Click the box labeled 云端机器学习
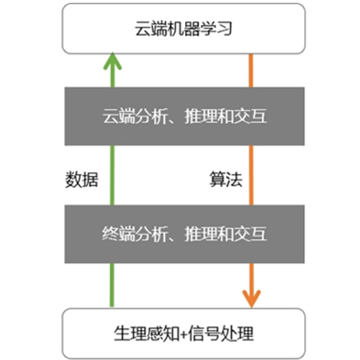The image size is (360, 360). (x=184, y=29)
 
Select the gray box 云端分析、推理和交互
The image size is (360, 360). (x=184, y=117)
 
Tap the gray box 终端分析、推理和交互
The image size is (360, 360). (x=184, y=234)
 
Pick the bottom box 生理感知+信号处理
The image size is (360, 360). (x=184, y=333)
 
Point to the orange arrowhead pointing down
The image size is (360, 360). (x=251, y=299)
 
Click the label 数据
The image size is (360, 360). (x=82, y=179)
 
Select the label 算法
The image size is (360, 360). (x=226, y=179)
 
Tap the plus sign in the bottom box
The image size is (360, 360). (x=184, y=334)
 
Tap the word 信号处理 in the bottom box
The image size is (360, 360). (x=221, y=333)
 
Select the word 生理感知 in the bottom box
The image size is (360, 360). (x=146, y=333)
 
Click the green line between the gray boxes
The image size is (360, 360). (x=112, y=175)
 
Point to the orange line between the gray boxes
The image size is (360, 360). (x=251, y=175)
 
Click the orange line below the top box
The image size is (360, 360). (x=251, y=71)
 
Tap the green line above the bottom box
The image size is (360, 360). (x=112, y=285)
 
